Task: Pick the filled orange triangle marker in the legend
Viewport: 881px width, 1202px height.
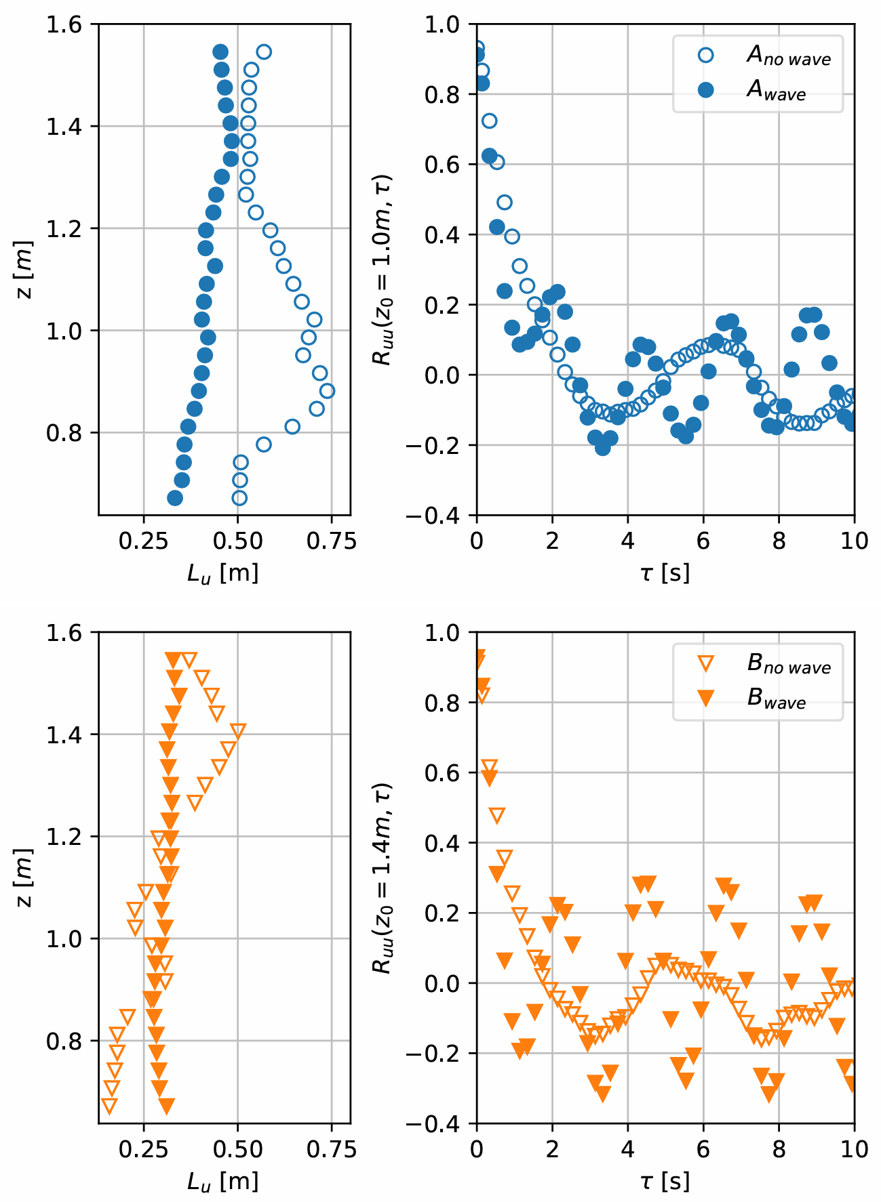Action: pos(705,699)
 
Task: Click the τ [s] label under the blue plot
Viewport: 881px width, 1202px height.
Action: pos(665,573)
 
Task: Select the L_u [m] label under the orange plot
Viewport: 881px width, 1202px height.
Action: pos(223,1181)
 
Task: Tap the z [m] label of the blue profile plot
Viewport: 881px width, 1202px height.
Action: pos(25,270)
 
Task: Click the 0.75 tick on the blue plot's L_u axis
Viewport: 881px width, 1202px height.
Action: pos(332,541)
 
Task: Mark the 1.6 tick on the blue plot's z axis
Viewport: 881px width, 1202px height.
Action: pos(64,24)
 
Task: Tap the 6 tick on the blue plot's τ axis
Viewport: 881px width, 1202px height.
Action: pos(703,541)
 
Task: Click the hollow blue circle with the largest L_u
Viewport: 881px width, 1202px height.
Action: pos(327,391)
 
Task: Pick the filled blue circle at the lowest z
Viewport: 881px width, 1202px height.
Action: pos(175,498)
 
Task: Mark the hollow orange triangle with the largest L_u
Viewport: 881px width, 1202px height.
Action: pos(237,730)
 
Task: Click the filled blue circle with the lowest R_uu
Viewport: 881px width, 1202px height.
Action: pos(602,448)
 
